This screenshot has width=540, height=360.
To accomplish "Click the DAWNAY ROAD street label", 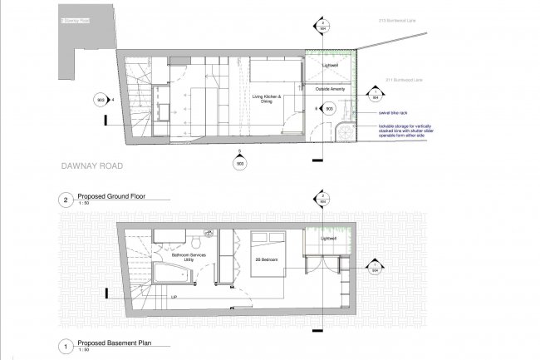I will tap(92, 166).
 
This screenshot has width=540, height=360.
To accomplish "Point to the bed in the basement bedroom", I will tap(267, 245).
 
